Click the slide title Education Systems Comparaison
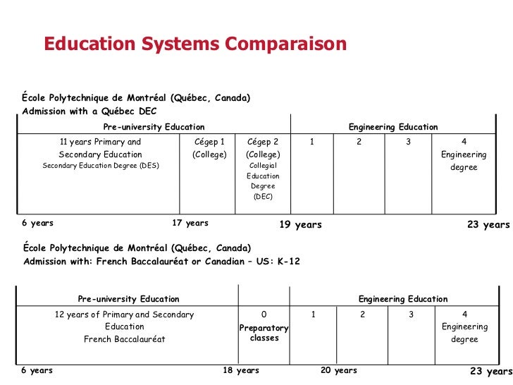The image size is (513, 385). (195, 44)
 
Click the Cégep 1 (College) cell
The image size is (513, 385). (209, 148)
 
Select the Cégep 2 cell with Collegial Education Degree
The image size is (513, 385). (263, 169)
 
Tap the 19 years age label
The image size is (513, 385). (300, 225)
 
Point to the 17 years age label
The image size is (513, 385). (190, 224)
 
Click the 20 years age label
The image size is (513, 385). (338, 371)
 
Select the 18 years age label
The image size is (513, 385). (241, 371)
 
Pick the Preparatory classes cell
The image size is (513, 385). (264, 333)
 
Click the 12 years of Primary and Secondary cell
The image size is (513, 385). (124, 326)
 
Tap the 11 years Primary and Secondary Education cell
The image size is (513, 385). (101, 154)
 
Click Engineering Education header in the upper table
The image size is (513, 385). (393, 127)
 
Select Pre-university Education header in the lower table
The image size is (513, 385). (128, 300)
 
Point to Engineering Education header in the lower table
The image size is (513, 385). (403, 300)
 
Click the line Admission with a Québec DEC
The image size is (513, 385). (89, 111)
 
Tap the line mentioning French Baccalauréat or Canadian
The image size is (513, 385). (161, 262)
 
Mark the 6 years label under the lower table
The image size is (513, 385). (37, 371)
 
